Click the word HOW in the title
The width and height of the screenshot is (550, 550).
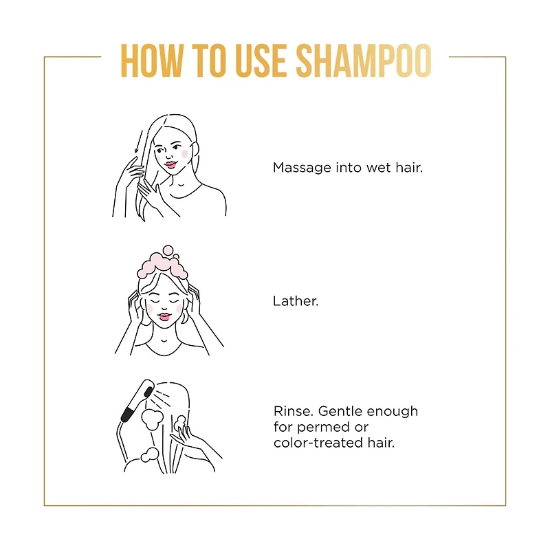click(151, 60)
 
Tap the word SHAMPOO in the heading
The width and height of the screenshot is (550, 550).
click(364, 60)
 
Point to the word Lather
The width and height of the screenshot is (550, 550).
click(296, 301)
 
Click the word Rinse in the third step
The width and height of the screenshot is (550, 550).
click(294, 410)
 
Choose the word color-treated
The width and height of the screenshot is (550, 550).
click(318, 443)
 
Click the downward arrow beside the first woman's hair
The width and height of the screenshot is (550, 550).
click(139, 142)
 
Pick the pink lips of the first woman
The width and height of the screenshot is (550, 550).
click(170, 164)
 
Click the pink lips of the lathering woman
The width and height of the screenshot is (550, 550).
click(164, 317)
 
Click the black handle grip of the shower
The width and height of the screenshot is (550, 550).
click(127, 415)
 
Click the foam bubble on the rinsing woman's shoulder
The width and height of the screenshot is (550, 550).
click(150, 455)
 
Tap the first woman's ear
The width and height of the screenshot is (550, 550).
click(195, 149)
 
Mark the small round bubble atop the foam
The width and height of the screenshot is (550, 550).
click(168, 250)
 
